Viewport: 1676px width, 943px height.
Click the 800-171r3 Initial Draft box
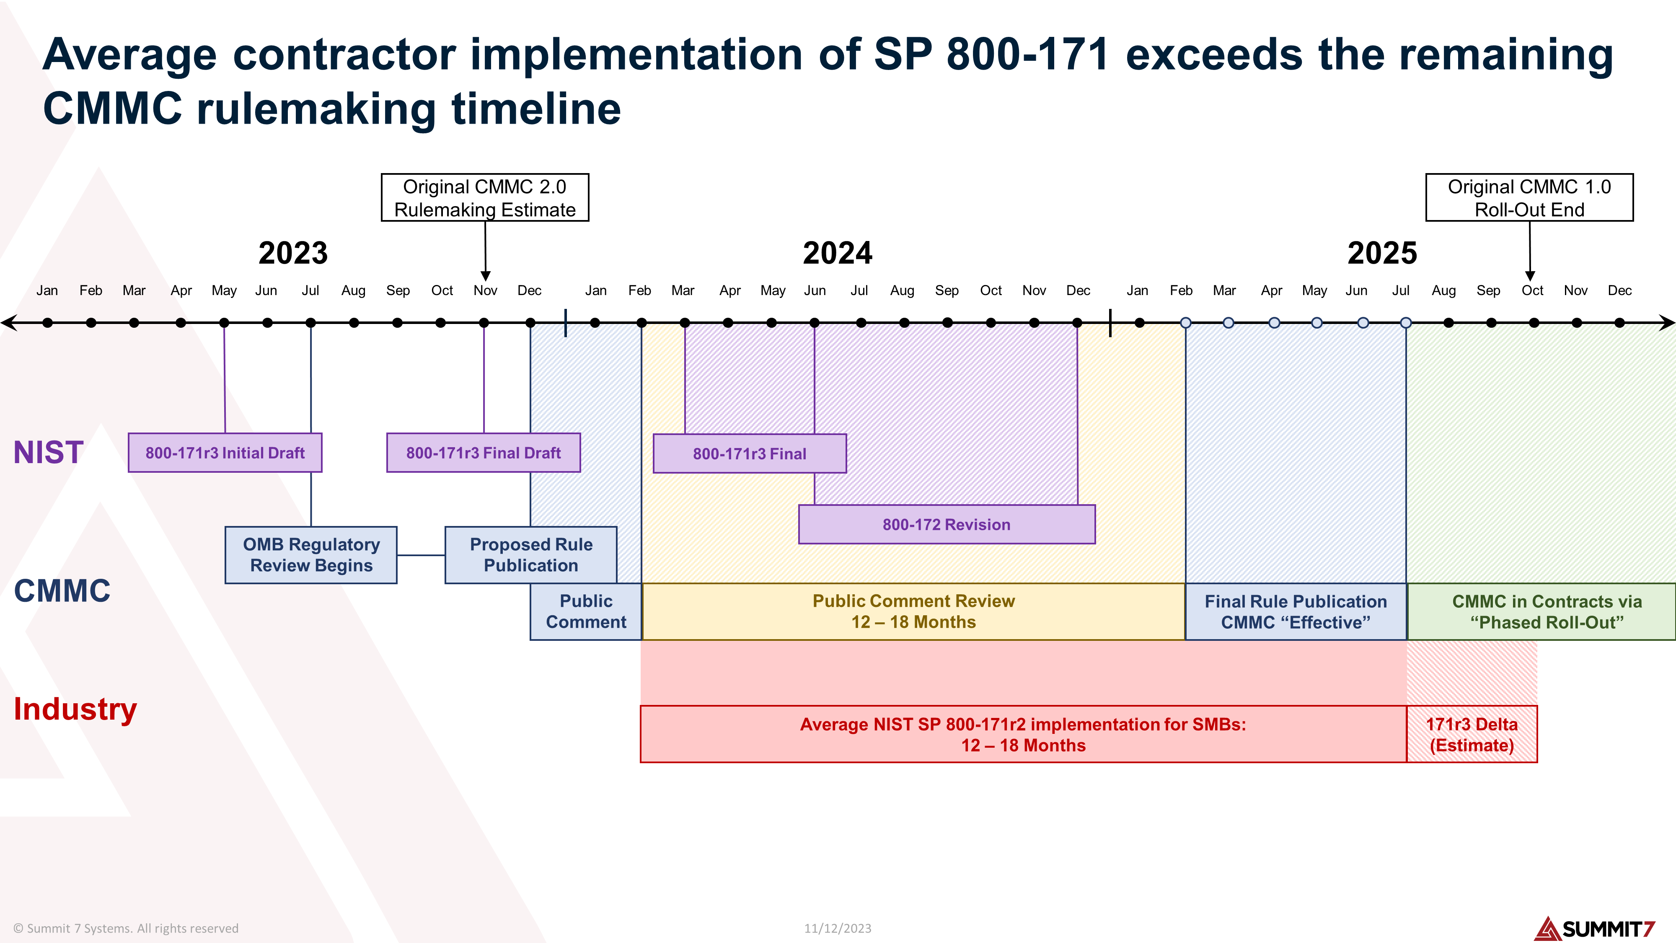pos(225,453)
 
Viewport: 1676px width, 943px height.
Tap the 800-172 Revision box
pos(946,525)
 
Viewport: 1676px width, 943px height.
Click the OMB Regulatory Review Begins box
pos(311,555)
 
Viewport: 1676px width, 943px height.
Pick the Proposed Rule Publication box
pos(530,555)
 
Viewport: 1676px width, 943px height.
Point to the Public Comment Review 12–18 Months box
pos(913,612)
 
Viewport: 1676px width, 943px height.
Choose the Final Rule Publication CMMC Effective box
pos(1296,612)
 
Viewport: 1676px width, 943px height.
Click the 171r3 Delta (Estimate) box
pos(1472,735)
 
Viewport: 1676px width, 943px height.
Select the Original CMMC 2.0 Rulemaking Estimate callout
pos(485,198)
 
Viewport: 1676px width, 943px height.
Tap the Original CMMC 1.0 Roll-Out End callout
pos(1529,198)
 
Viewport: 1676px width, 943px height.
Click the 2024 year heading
pos(837,253)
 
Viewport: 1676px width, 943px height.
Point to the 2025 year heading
pos(1382,253)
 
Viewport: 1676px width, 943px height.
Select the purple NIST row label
pos(48,452)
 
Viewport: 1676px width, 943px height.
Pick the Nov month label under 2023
pos(485,291)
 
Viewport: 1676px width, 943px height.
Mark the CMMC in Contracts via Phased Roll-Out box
pos(1547,612)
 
